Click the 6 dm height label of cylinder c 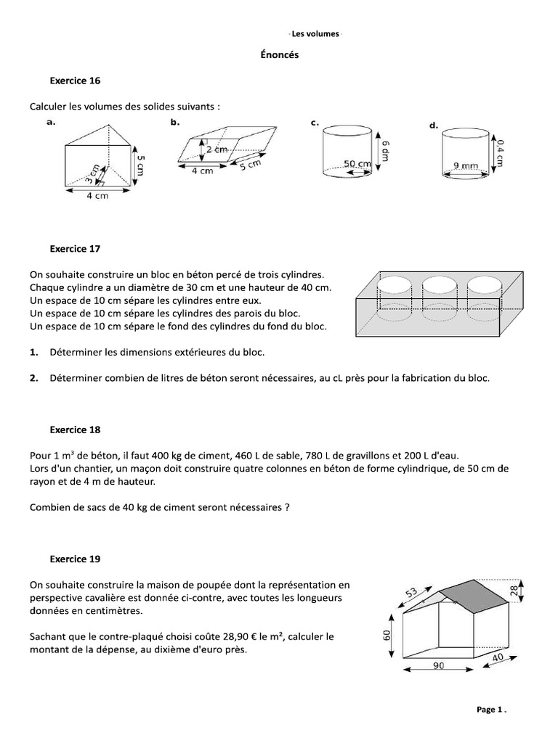[x=386, y=151]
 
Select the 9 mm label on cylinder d [x=465, y=165]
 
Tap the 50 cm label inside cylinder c [x=357, y=165]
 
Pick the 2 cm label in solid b [x=216, y=149]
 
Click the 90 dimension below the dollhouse [x=437, y=665]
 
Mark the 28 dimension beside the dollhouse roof [x=515, y=591]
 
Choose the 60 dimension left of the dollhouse [x=387, y=636]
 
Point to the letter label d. [x=433, y=126]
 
